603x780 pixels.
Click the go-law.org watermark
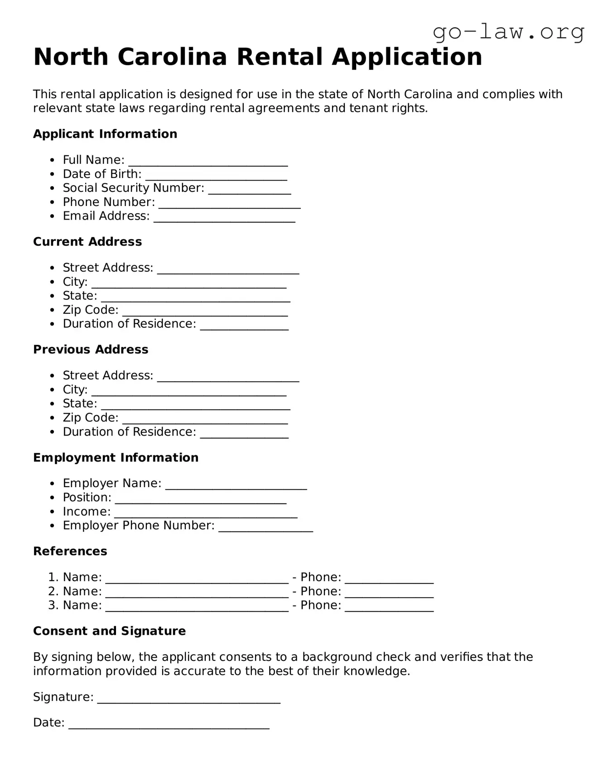[508, 33]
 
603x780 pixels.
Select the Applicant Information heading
[105, 134]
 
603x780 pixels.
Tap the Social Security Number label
[133, 188]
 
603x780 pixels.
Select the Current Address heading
[87, 242]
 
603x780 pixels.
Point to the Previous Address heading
[91, 349]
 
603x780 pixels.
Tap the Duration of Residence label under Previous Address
[129, 432]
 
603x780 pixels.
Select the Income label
[87, 512]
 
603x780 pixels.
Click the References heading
[70, 551]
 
